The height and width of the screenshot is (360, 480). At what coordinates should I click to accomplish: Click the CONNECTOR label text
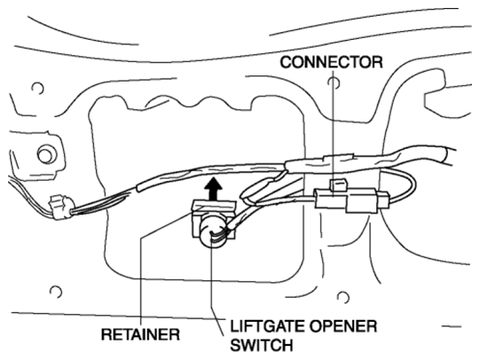(x=331, y=62)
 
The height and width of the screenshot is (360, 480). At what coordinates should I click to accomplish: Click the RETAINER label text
(x=140, y=334)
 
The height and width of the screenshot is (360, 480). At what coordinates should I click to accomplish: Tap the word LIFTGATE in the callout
(x=267, y=326)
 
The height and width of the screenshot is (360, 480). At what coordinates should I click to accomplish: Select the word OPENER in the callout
(x=343, y=326)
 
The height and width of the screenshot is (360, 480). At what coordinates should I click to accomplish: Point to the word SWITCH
(x=262, y=345)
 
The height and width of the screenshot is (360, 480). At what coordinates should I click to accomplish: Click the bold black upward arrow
(x=213, y=190)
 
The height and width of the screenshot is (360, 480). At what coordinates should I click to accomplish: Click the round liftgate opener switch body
(x=213, y=231)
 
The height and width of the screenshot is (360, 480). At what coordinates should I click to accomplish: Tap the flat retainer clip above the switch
(x=213, y=207)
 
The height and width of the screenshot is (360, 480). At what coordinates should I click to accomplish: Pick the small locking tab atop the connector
(x=338, y=185)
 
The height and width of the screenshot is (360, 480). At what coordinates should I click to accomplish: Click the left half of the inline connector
(x=330, y=199)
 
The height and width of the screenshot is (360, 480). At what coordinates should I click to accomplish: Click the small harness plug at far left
(x=61, y=207)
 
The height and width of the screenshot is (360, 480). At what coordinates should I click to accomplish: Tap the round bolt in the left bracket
(x=46, y=154)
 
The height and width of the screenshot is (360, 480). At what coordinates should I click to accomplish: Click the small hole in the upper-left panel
(x=37, y=89)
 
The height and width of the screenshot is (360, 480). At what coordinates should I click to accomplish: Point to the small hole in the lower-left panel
(x=56, y=292)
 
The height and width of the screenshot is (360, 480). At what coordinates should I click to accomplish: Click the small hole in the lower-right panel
(x=343, y=297)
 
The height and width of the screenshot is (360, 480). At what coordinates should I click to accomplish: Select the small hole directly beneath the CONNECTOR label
(x=334, y=82)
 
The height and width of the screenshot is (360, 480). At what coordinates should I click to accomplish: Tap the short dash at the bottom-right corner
(x=452, y=326)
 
